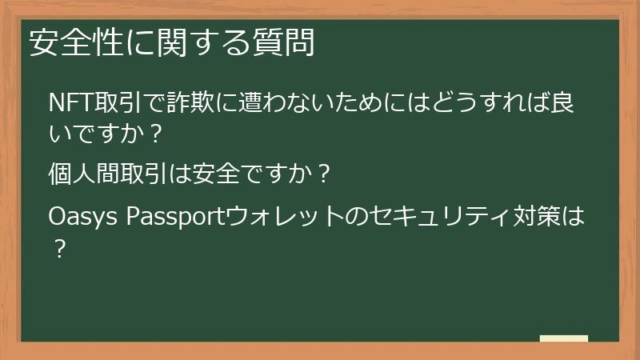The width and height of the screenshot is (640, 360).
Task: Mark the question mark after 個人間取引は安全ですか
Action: click(x=323, y=174)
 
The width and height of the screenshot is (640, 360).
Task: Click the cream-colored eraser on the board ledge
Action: click(x=563, y=338)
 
